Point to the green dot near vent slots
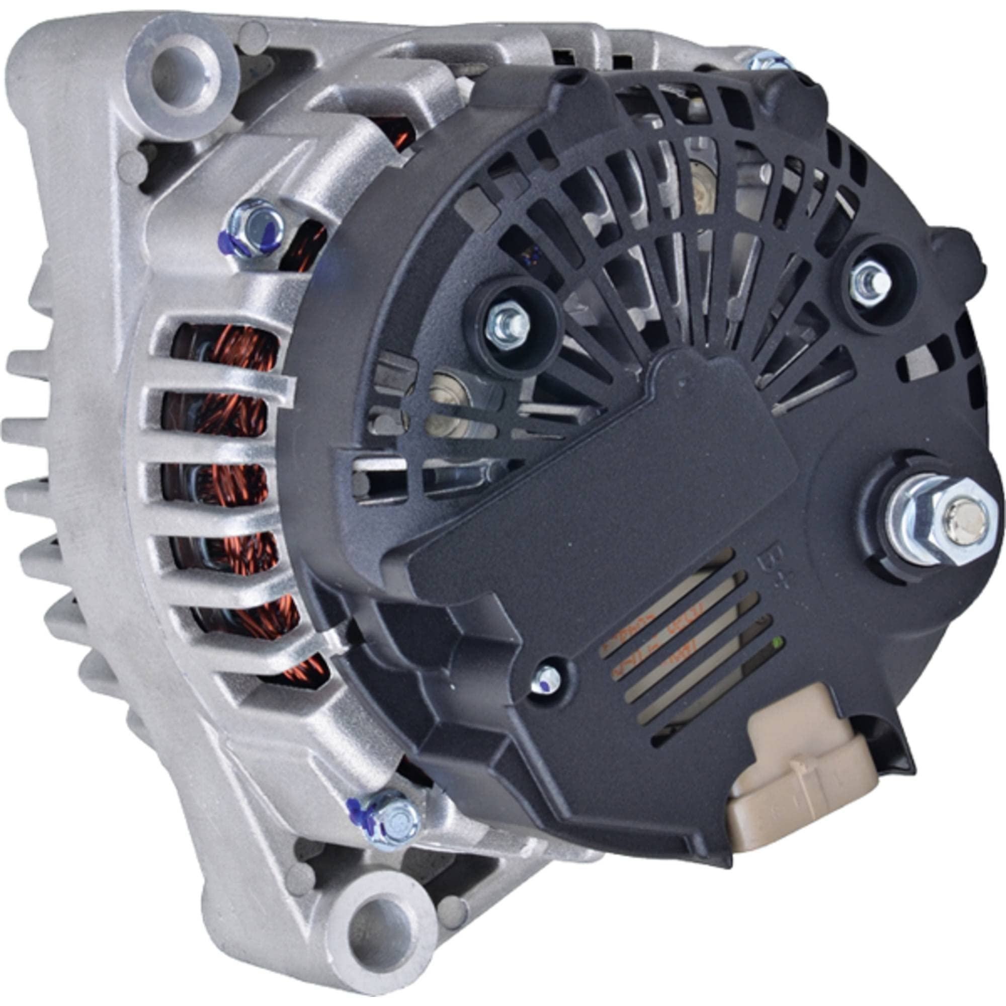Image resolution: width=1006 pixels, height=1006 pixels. [778, 641]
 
